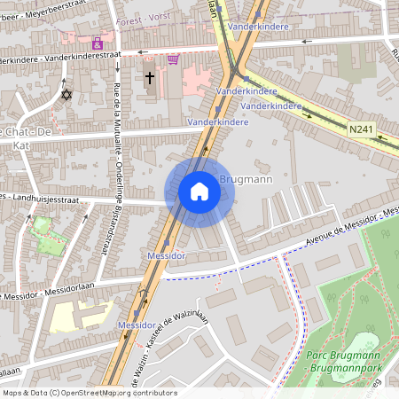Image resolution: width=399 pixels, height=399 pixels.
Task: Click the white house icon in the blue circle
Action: [x=199, y=192]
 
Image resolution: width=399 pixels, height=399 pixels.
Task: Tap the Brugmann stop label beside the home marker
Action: [x=249, y=179]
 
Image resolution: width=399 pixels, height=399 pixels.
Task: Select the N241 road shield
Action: [x=360, y=129]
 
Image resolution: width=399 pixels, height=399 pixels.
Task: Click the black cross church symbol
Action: [x=149, y=78]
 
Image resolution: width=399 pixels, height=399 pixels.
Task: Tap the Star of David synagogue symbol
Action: [x=65, y=94]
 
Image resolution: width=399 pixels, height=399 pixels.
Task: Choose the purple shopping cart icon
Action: [x=173, y=59]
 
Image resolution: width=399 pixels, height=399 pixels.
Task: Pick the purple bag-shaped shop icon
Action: [x=97, y=43]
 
